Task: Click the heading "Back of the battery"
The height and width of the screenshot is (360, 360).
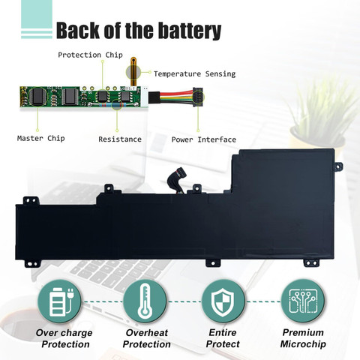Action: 139,30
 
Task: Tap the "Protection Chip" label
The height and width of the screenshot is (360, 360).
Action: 90,55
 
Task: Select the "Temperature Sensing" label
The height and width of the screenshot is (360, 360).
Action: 194,73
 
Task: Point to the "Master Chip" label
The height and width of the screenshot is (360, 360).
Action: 41,138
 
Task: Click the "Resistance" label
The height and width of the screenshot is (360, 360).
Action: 120,139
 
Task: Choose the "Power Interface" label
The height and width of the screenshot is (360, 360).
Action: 204,139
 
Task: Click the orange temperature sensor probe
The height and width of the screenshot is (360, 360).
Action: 133,71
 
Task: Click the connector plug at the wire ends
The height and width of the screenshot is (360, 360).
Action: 198,97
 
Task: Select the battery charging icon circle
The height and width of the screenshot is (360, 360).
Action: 59,301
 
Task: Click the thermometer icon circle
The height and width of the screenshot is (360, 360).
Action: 145,301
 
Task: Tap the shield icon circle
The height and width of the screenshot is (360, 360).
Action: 223,301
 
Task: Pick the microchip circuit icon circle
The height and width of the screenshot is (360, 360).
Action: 303,301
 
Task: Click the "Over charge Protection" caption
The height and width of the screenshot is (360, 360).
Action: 64,338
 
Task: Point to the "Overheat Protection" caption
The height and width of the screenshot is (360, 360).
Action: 147,338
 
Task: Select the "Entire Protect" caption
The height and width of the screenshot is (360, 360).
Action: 223,338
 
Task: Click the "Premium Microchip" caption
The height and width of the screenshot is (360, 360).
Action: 303,338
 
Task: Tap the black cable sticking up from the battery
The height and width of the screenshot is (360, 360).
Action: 177,178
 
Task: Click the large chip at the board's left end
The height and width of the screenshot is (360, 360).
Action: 38,96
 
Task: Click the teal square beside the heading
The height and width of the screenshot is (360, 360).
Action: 37,14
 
